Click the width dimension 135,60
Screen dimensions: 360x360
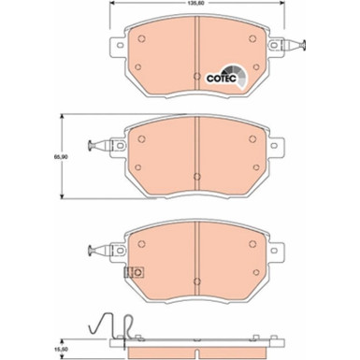193,5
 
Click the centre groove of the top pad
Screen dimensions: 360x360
195,56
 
